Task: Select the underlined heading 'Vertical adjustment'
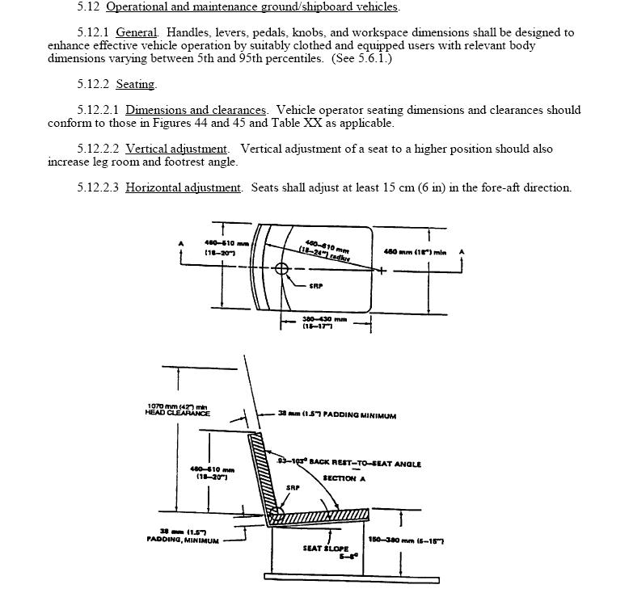click(x=175, y=149)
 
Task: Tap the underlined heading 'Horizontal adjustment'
click(x=183, y=187)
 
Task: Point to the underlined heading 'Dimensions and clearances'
click(x=196, y=110)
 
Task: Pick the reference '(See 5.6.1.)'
click(x=361, y=58)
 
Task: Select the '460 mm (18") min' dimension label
click(x=415, y=252)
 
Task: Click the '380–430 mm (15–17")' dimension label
click(x=325, y=322)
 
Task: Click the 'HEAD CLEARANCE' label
click(x=177, y=413)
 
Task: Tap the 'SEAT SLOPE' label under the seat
click(x=326, y=549)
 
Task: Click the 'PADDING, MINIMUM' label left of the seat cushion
click(x=183, y=540)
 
